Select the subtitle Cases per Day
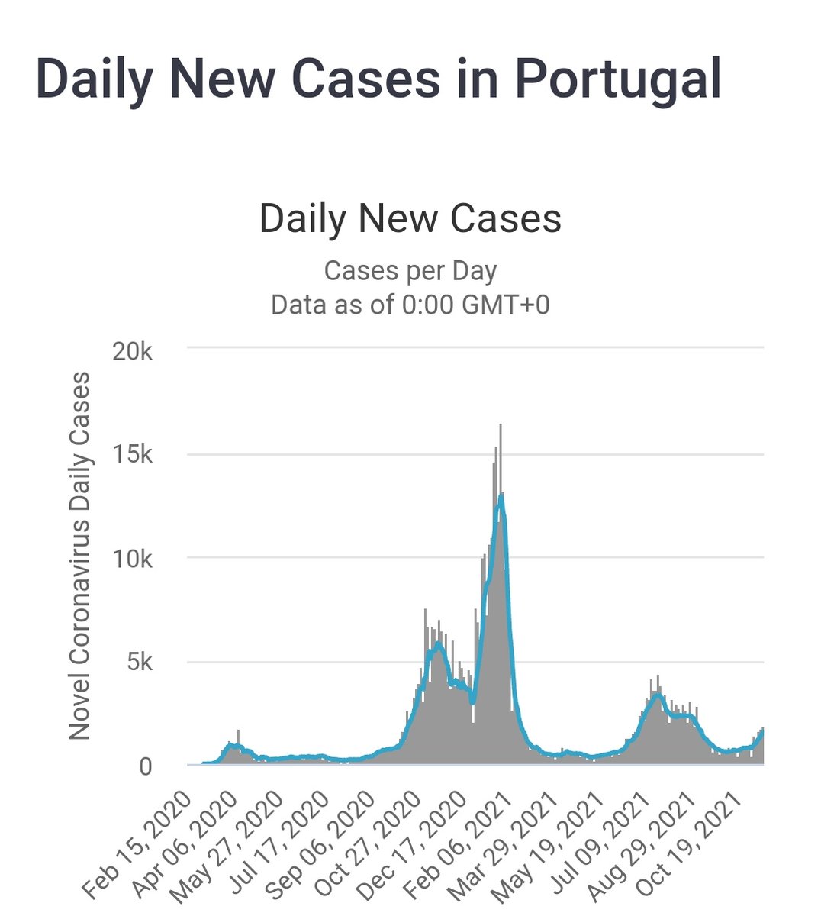click(410, 272)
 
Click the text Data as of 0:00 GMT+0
click(410, 305)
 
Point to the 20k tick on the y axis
click(133, 351)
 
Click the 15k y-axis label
click(133, 454)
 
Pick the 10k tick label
click(133, 560)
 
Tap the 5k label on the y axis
click(140, 663)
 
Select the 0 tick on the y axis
click(145, 767)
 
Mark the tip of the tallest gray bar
click(501, 424)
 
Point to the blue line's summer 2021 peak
click(658, 695)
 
